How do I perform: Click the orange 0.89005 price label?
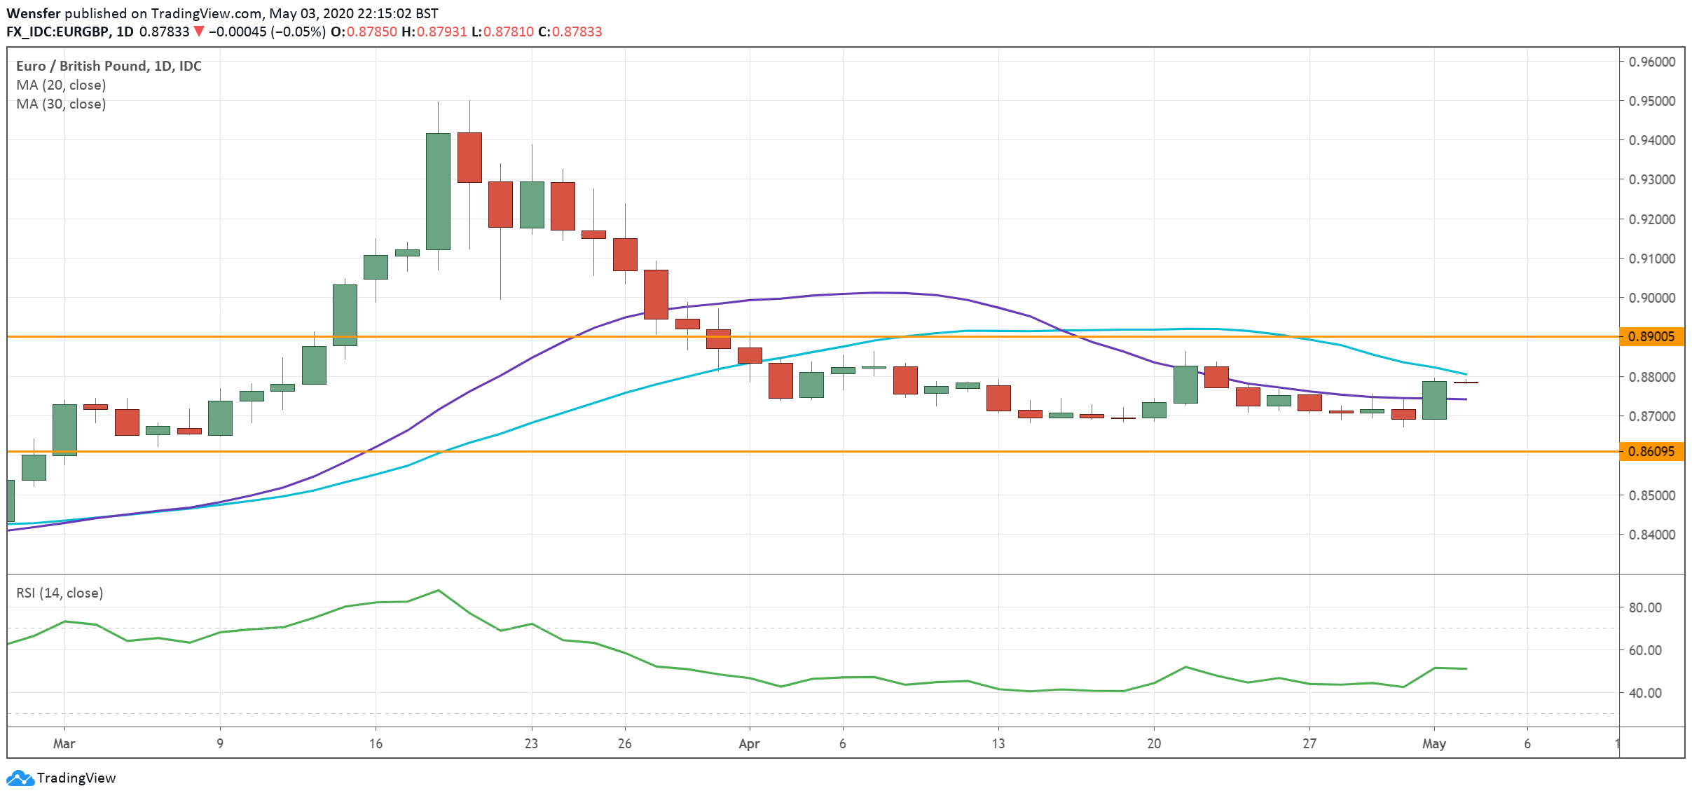coord(1651,337)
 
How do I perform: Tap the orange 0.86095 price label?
coord(1651,452)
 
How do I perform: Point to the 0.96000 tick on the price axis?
coord(1651,62)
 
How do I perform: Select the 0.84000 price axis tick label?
coord(1651,535)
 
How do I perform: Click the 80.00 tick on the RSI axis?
coord(1644,607)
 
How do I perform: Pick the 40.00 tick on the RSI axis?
coord(1644,693)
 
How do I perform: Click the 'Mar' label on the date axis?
coord(64,743)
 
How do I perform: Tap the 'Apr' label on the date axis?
coord(749,743)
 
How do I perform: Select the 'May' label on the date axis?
coord(1433,743)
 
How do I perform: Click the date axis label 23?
coord(531,743)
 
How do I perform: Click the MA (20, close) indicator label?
coord(61,85)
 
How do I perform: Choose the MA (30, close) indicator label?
coord(61,104)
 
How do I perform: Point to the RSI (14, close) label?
coord(60,593)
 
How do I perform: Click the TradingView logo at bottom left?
coord(61,778)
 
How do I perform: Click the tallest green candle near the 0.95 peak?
coord(438,191)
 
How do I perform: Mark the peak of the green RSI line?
coord(439,590)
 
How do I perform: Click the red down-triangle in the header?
coord(199,32)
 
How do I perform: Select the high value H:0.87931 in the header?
coord(434,32)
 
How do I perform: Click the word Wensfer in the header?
coord(34,13)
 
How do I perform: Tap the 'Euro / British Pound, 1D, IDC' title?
coord(109,66)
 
